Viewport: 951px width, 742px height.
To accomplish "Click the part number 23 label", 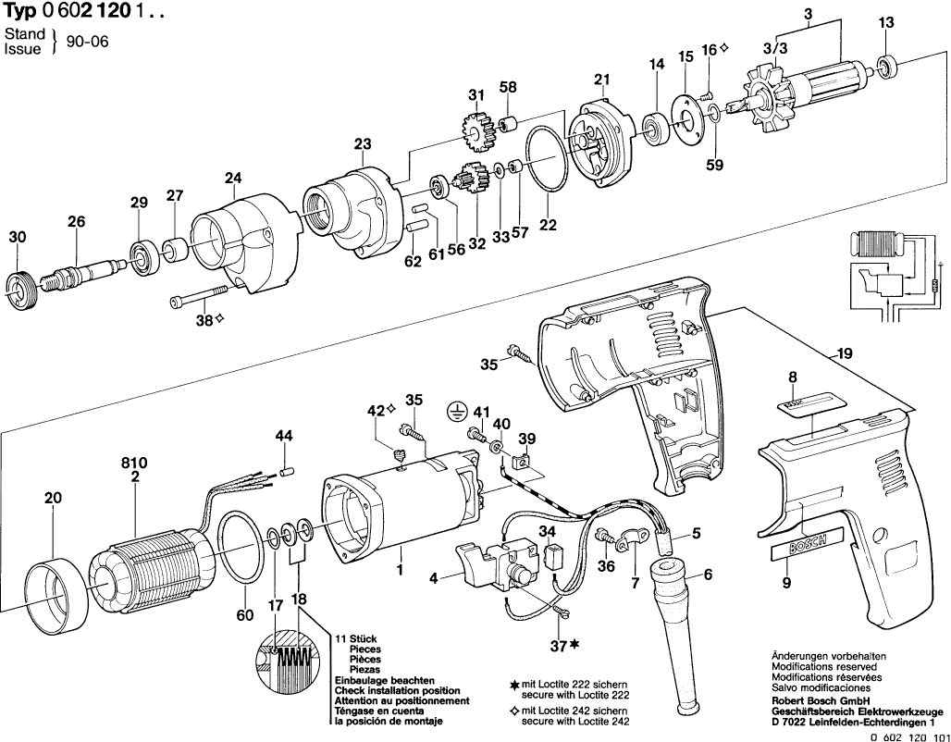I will point(362,143).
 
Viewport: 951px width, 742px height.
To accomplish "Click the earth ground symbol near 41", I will point(454,412).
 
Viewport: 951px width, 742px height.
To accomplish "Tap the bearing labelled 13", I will point(886,67).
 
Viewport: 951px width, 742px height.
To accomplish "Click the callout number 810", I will point(135,463).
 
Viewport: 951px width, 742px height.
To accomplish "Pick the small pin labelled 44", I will point(287,471).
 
